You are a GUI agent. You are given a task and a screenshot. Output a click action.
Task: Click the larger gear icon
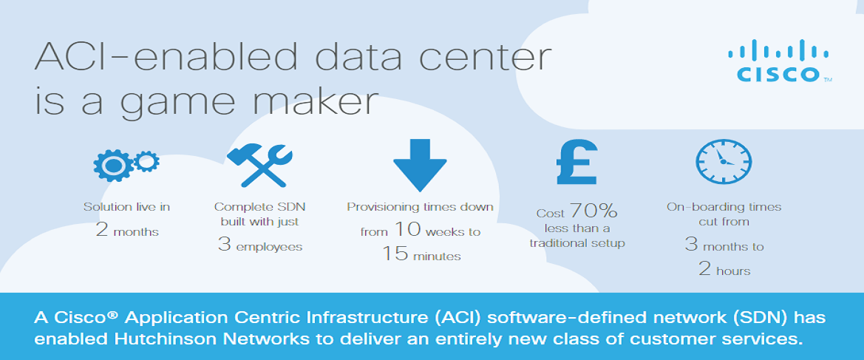113,163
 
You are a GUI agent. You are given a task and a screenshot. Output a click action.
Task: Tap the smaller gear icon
146,161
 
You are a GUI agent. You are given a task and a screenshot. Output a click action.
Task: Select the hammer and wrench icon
259,165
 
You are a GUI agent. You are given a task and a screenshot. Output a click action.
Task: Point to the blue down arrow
420,165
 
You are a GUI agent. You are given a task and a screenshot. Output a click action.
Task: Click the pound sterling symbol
576,161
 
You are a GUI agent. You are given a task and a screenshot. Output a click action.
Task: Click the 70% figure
593,211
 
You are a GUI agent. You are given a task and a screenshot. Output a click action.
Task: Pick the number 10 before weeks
407,229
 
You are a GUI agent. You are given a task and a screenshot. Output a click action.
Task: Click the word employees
270,248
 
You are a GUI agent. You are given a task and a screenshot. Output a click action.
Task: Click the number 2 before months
101,229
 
